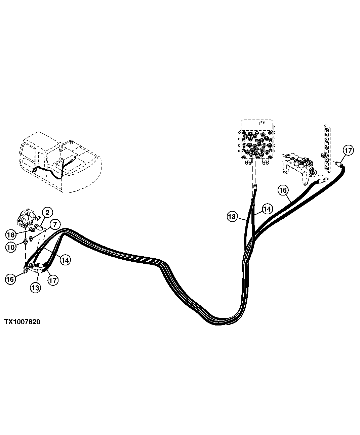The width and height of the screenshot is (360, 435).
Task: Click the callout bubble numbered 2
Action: pyautogui.click(x=47, y=212)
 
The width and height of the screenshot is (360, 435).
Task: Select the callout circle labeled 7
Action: pyautogui.click(x=54, y=224)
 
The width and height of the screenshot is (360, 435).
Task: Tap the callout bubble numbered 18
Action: pyautogui.click(x=11, y=234)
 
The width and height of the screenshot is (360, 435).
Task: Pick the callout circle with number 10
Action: pyautogui.click(x=11, y=248)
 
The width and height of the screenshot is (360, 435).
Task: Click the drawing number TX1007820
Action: pyautogui.click(x=22, y=322)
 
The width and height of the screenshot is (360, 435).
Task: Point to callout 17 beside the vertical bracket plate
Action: pyautogui.click(x=348, y=151)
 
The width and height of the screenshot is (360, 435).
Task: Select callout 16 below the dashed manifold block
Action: pyautogui.click(x=283, y=190)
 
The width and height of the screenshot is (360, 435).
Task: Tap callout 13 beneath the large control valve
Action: pyautogui.click(x=232, y=217)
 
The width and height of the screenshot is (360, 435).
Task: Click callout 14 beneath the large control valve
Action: pyautogui.click(x=267, y=209)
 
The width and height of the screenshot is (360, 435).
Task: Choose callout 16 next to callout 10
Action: pyautogui.click(x=10, y=279)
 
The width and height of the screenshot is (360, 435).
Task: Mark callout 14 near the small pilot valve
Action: pyautogui.click(x=65, y=260)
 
